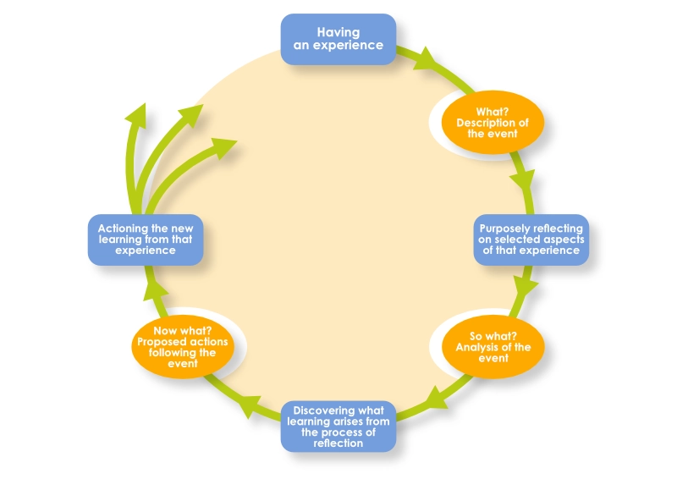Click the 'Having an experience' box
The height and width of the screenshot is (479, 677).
(x=338, y=39)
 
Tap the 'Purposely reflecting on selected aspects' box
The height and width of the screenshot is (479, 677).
(x=531, y=239)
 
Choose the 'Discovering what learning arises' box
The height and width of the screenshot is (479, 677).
(x=338, y=425)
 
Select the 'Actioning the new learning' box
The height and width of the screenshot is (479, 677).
(x=146, y=239)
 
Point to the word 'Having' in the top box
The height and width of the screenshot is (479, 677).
(x=338, y=32)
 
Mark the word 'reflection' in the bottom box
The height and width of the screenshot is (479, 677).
(x=338, y=443)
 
